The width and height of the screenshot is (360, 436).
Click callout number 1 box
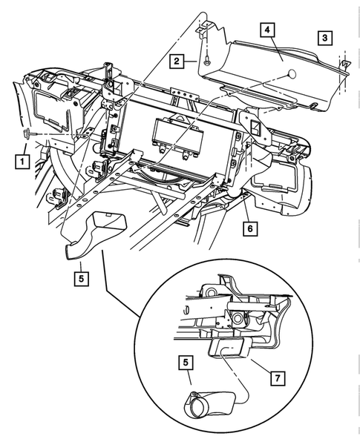(x=24, y=159)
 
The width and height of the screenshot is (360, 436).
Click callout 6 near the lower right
(x=249, y=229)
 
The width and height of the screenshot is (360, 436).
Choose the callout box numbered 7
(x=275, y=378)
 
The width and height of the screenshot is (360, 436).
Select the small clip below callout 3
(x=343, y=67)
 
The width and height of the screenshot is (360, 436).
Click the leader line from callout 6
(x=245, y=211)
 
